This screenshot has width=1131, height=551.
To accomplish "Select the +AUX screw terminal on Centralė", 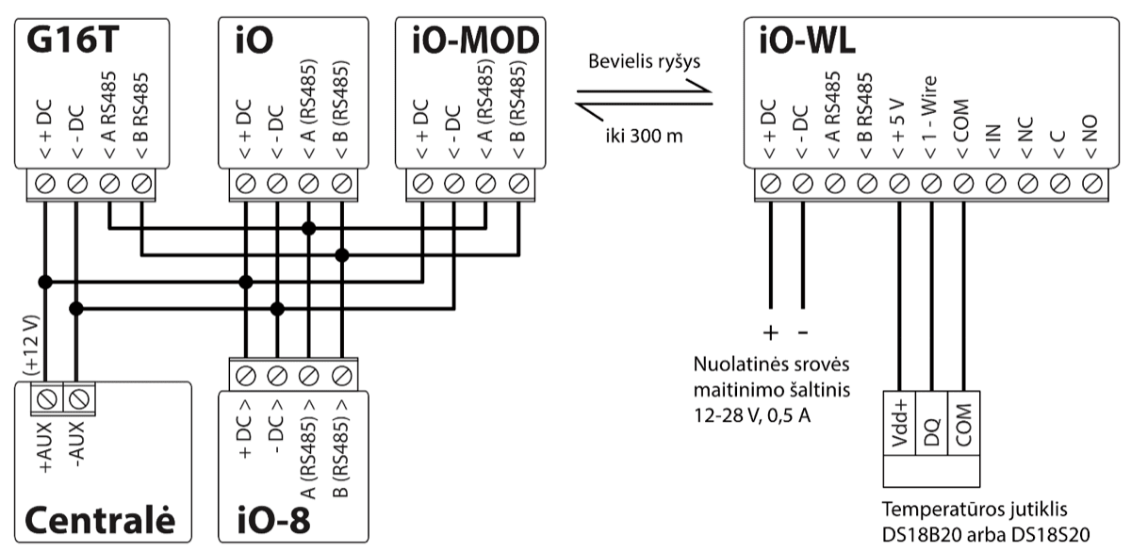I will (x=44, y=397).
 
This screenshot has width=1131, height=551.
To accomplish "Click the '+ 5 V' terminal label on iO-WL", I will (x=899, y=120).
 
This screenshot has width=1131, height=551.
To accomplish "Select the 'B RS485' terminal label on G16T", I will (x=141, y=120).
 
